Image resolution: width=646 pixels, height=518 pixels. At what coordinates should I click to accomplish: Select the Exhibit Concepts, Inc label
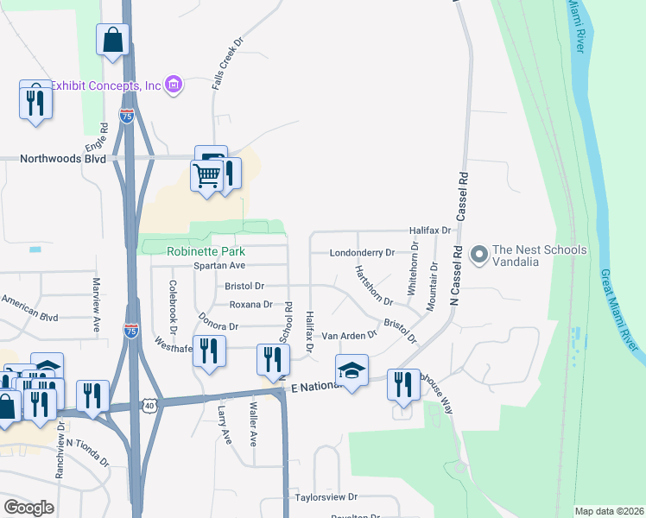(106, 85)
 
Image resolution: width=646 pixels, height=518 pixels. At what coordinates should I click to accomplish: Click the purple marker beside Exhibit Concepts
(174, 85)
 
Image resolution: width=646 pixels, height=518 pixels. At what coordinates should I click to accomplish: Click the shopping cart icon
(206, 175)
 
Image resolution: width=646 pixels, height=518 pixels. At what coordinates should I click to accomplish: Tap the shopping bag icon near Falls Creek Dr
(113, 39)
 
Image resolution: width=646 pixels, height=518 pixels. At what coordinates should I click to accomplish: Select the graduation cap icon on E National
(351, 370)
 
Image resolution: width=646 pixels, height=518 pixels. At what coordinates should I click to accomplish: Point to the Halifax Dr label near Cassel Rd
(430, 231)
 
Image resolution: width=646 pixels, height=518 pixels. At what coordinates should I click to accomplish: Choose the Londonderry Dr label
(361, 253)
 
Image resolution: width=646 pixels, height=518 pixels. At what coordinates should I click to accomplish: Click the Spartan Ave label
(219, 265)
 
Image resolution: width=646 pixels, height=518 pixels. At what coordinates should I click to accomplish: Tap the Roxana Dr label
(250, 304)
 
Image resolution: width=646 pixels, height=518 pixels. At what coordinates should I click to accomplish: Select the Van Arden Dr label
(349, 334)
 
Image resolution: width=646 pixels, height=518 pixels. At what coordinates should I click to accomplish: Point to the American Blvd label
(29, 306)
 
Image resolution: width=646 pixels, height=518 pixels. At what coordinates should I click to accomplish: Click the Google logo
(28, 507)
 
